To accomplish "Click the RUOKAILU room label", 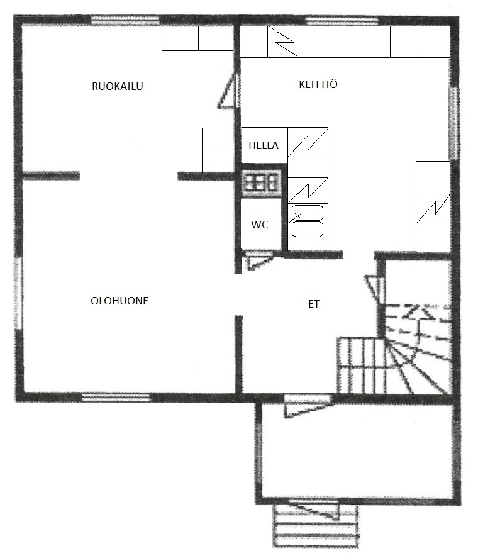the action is click(x=118, y=86).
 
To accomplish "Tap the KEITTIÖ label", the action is click(x=318, y=84).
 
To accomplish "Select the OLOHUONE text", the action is click(x=119, y=301).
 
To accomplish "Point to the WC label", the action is click(x=260, y=225).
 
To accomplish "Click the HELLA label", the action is click(x=264, y=145).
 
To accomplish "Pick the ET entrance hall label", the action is click(x=314, y=304).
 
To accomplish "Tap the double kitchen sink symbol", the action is click(x=308, y=221).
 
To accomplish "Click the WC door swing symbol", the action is click(x=258, y=260).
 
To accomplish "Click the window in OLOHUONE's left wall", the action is click(x=18, y=293).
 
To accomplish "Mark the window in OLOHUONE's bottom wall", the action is click(x=116, y=397).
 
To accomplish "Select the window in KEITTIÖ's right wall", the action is click(x=453, y=123).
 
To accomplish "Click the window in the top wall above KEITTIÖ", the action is click(x=342, y=21).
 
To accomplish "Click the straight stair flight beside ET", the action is click(x=360, y=365).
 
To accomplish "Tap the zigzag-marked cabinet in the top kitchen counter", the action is click(x=283, y=42).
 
